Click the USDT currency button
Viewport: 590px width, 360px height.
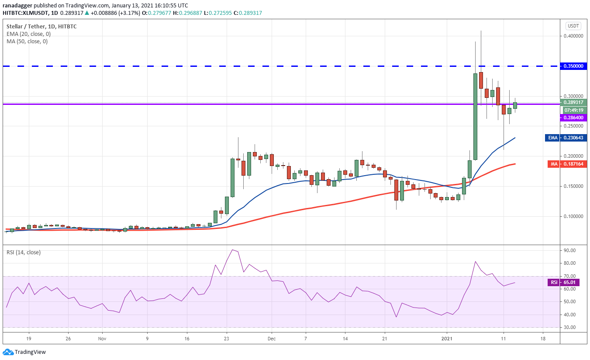pos(573,26)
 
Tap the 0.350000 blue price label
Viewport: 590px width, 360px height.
pos(573,66)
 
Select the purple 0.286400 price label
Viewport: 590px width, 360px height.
pos(573,118)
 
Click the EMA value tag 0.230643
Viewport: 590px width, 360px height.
pos(566,138)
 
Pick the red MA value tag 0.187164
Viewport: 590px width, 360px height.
pos(567,164)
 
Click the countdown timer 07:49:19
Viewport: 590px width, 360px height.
pos(574,110)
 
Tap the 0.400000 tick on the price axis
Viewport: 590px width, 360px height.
pos(573,36)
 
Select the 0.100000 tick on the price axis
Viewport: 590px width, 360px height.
pos(573,216)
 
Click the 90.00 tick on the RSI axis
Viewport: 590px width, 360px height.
pos(569,250)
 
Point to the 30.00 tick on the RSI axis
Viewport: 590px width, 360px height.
pos(569,327)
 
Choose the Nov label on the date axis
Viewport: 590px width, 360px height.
pos(102,339)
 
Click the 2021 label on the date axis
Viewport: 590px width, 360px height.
pos(447,339)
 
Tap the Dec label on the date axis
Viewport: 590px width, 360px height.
pos(271,339)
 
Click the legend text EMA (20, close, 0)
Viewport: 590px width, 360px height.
pos(28,34)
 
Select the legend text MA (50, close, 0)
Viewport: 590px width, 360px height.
pos(27,42)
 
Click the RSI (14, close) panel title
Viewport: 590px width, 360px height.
pos(24,252)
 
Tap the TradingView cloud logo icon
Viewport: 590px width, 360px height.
pos(8,352)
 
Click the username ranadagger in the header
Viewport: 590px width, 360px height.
pos(17,6)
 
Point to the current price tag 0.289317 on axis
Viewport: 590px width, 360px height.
pos(573,102)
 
